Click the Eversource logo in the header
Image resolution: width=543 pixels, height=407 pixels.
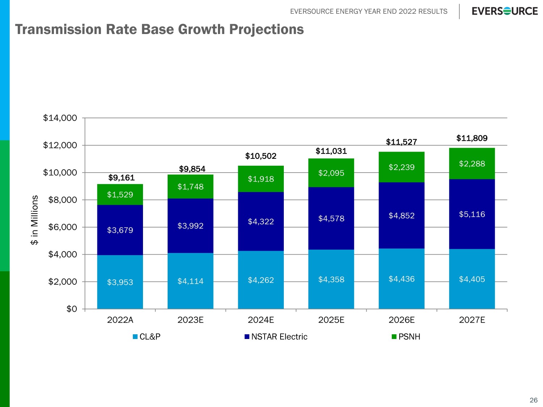pyautogui.click(x=505, y=11)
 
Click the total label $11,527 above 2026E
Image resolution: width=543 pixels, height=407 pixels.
pyautogui.click(x=401, y=142)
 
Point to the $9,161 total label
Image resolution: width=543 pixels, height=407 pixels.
pyautogui.click(x=121, y=178)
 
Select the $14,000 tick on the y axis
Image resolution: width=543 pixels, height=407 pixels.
pyautogui.click(x=60, y=118)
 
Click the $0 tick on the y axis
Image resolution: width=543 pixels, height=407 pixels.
pyautogui.click(x=72, y=309)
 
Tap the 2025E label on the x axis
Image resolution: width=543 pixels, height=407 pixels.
pyautogui.click(x=331, y=320)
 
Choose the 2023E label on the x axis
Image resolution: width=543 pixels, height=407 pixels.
pyautogui.click(x=190, y=320)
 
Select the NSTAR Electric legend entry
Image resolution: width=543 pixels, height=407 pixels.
pyautogui.click(x=276, y=337)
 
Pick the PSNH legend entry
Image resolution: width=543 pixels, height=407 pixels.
pyautogui.click(x=406, y=337)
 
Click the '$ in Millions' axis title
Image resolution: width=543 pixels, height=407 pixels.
pyautogui.click(x=34, y=220)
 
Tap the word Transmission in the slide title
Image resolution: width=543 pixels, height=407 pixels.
pyautogui.click(x=58, y=29)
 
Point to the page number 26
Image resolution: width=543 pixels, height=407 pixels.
pyautogui.click(x=533, y=400)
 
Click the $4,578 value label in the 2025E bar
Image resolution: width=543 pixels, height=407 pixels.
pyautogui.click(x=331, y=219)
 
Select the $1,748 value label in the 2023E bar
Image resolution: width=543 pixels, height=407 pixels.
pyautogui.click(x=190, y=187)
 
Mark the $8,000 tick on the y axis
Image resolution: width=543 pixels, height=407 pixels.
pyautogui.click(x=63, y=200)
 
